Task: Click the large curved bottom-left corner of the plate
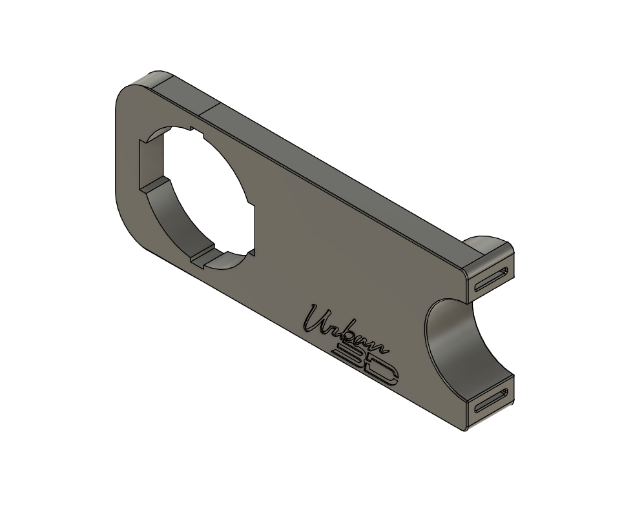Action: coord(129,226)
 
